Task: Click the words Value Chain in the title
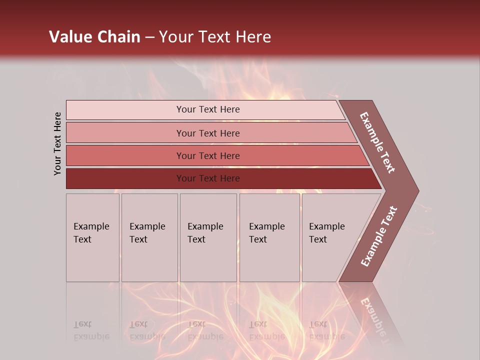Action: point(94,37)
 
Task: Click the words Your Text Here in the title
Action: point(215,37)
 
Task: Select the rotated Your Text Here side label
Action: point(57,143)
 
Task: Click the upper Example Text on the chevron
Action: point(377,142)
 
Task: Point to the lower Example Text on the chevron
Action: point(379,236)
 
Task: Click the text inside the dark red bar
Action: point(208,178)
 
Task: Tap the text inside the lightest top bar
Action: point(208,109)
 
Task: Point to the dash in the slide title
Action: point(149,37)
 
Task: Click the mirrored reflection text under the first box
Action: point(91,330)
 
